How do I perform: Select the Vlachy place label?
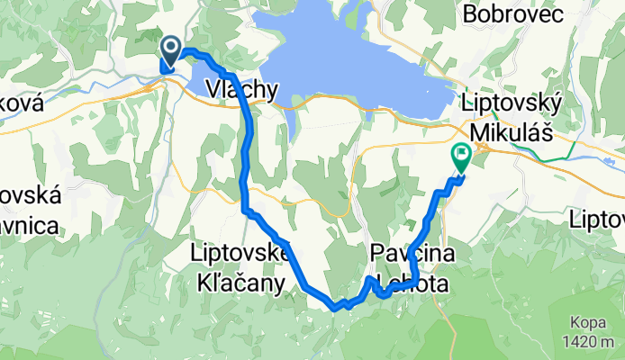[242, 89]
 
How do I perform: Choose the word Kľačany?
[240, 283]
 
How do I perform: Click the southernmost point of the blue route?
[335, 308]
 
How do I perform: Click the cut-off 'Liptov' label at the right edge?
[598, 218]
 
